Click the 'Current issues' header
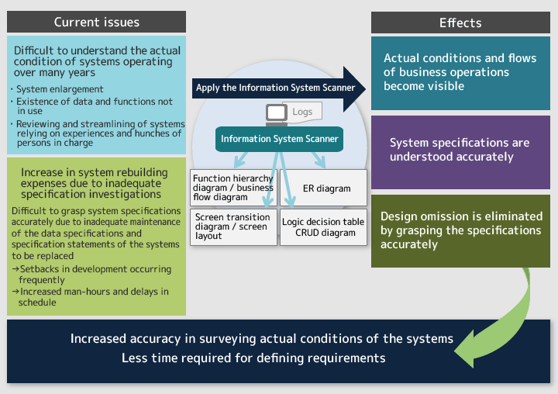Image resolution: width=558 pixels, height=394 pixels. click(x=96, y=22)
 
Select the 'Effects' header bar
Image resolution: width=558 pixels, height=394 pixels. click(x=460, y=22)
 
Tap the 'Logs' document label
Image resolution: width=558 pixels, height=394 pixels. click(x=302, y=112)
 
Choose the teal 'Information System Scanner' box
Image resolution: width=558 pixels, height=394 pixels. click(x=279, y=139)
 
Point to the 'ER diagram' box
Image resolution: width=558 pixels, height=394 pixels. click(x=323, y=188)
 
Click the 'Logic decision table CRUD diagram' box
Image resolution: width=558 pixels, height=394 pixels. click(x=323, y=227)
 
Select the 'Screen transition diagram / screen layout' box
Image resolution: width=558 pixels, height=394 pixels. click(x=233, y=227)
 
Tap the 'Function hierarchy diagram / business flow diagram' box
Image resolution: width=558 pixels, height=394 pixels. click(x=233, y=188)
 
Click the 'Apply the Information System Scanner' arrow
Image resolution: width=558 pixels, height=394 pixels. click(x=279, y=88)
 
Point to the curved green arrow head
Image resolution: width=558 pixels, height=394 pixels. click(x=466, y=349)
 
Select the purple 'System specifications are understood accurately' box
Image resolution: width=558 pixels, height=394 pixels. click(x=460, y=153)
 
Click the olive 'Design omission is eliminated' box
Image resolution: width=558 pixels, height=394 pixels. click(x=460, y=231)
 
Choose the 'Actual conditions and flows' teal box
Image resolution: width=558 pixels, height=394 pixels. click(x=460, y=73)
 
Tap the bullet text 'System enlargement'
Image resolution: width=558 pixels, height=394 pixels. click(x=60, y=89)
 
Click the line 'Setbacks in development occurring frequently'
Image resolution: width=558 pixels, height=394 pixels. click(x=91, y=275)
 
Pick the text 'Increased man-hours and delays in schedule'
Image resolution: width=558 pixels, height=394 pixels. click(x=91, y=297)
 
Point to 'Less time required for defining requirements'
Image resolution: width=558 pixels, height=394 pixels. click(x=253, y=358)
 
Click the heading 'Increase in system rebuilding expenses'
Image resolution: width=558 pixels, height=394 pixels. click(x=94, y=183)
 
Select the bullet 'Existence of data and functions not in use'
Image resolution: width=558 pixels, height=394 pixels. click(x=95, y=106)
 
